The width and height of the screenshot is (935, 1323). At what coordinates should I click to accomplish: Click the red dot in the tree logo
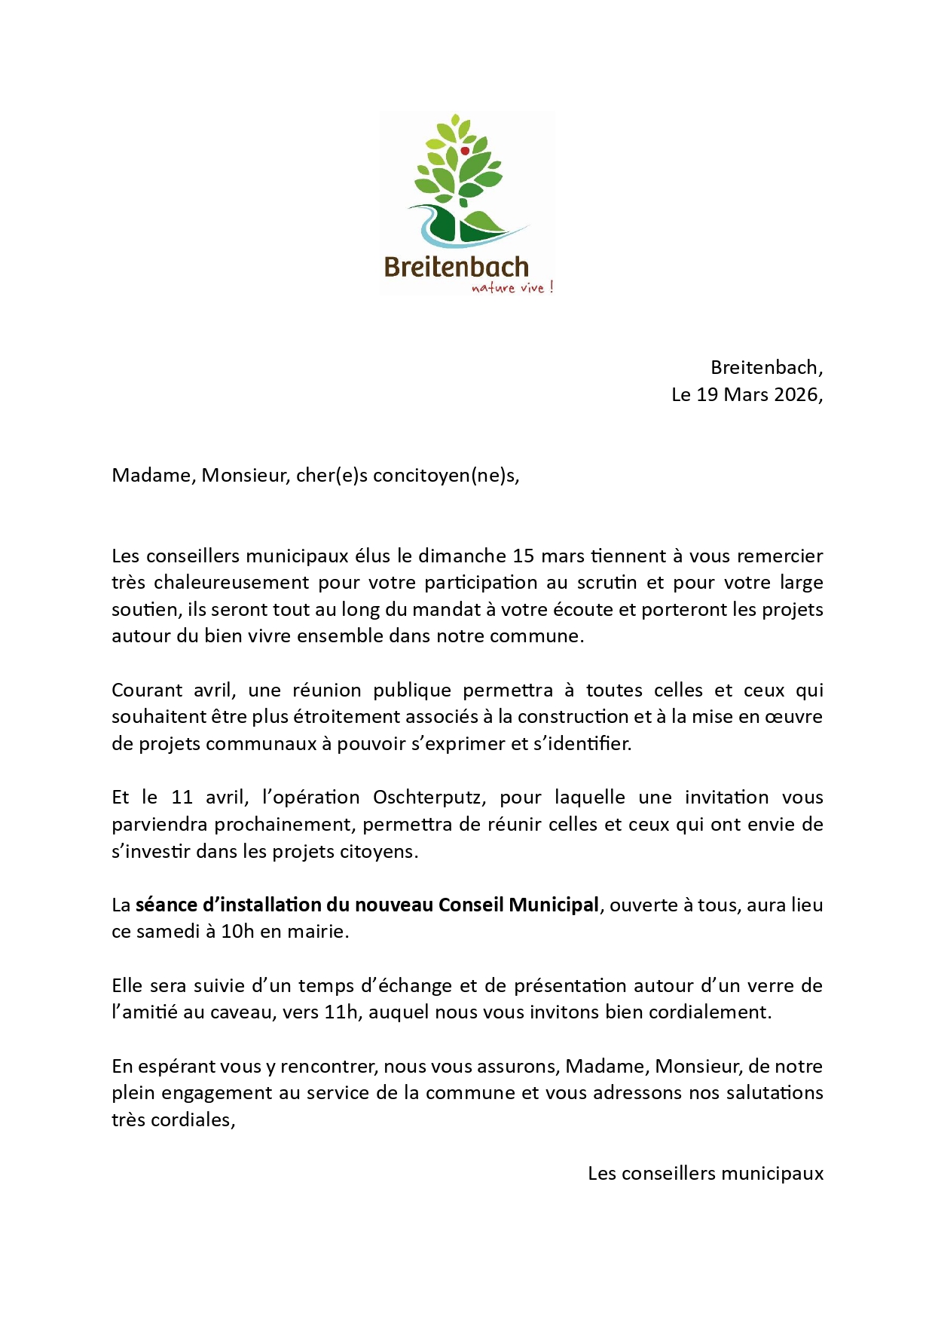(465, 151)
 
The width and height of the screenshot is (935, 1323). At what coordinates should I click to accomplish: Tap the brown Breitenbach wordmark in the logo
(456, 267)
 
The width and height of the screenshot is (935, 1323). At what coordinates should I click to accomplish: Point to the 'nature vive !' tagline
(512, 287)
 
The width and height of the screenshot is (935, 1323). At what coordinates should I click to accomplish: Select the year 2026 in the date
(795, 394)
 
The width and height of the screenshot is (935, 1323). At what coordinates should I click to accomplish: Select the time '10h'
(237, 932)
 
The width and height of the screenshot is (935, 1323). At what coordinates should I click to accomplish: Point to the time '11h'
(341, 1012)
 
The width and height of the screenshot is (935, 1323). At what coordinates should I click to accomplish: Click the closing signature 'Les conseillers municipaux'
(705, 1174)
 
